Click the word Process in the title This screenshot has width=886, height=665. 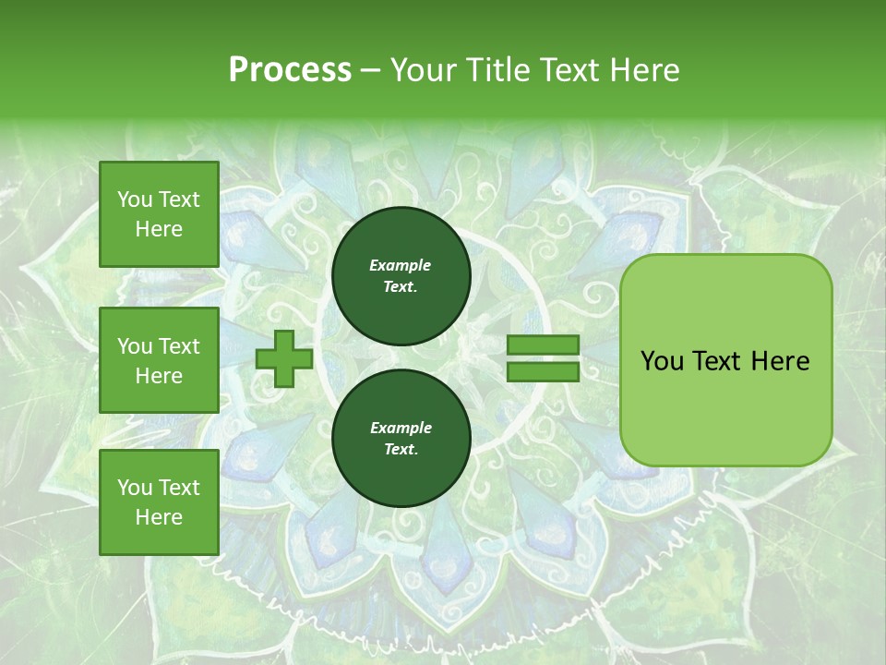click(x=290, y=70)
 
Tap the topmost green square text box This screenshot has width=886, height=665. click(x=159, y=214)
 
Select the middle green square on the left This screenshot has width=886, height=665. click(x=159, y=360)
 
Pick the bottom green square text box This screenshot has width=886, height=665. click(x=159, y=502)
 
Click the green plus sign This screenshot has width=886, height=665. click(x=284, y=358)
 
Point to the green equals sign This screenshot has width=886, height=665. click(x=543, y=358)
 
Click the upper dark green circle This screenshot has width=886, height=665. click(x=401, y=276)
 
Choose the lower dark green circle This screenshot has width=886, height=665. click(x=401, y=439)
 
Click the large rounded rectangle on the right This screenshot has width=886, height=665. click(x=725, y=360)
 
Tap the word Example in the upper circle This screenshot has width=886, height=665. click(x=401, y=265)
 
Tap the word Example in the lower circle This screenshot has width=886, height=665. click(x=401, y=428)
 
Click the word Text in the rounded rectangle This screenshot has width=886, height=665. click(x=718, y=361)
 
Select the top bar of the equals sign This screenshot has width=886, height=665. click(x=543, y=345)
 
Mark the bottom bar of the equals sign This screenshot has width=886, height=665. click(x=543, y=372)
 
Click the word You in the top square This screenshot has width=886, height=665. click(x=135, y=199)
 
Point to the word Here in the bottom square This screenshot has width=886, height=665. click(x=159, y=517)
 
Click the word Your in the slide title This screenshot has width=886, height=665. click(x=424, y=70)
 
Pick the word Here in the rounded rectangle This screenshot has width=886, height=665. click(x=781, y=361)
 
